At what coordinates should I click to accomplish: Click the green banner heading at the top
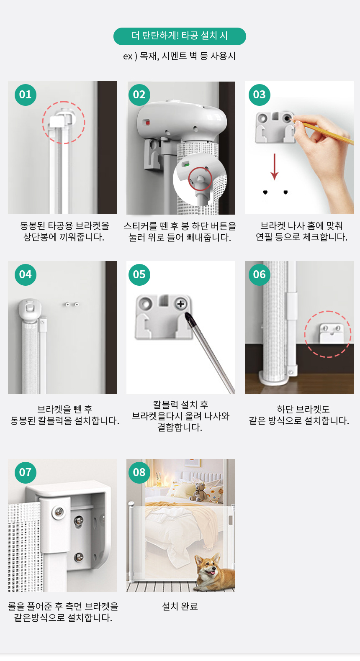click(180, 36)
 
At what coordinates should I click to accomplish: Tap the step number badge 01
click(26, 95)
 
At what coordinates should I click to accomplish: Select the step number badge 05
click(139, 275)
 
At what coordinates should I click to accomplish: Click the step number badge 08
click(139, 472)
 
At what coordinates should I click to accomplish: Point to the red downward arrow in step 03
click(275, 167)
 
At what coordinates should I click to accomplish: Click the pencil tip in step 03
click(293, 119)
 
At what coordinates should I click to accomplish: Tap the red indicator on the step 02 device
click(147, 122)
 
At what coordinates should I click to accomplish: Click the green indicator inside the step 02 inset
click(186, 164)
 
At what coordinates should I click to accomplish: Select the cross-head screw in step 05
click(180, 304)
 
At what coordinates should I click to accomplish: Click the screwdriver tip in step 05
click(187, 315)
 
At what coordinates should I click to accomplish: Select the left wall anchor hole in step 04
click(68, 304)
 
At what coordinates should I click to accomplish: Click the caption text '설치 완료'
click(180, 606)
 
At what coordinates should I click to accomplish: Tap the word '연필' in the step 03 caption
click(264, 237)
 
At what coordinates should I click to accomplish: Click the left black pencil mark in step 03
click(265, 192)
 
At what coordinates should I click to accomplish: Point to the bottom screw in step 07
click(79, 557)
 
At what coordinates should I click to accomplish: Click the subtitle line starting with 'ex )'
click(179, 56)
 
